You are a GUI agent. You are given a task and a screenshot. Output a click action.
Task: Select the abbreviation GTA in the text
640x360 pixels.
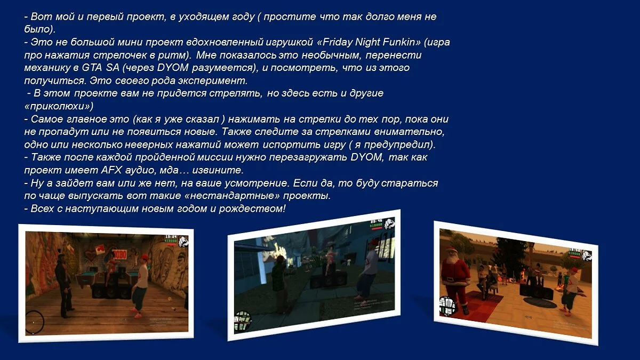pyautogui.click(x=92, y=68)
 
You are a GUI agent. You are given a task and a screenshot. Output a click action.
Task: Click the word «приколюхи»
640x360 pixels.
pyautogui.click(x=59, y=106)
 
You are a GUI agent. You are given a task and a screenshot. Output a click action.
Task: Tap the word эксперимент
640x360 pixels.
pyautogui.click(x=213, y=81)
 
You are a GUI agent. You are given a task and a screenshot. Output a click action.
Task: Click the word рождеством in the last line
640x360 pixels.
pyautogui.click(x=252, y=209)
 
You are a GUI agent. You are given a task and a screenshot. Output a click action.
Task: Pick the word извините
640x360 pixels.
pyautogui.click(x=218, y=170)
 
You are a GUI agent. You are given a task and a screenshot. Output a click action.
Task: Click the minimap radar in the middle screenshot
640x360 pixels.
pyautogui.click(x=243, y=320)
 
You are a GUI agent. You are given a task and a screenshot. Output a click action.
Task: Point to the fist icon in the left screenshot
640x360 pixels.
pyautogui.click(x=183, y=241)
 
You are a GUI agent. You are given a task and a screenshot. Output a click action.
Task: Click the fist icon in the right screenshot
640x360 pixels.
pyautogui.click(x=587, y=255)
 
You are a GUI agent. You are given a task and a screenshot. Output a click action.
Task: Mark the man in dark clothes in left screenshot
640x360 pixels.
pyautogui.click(x=63, y=285)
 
